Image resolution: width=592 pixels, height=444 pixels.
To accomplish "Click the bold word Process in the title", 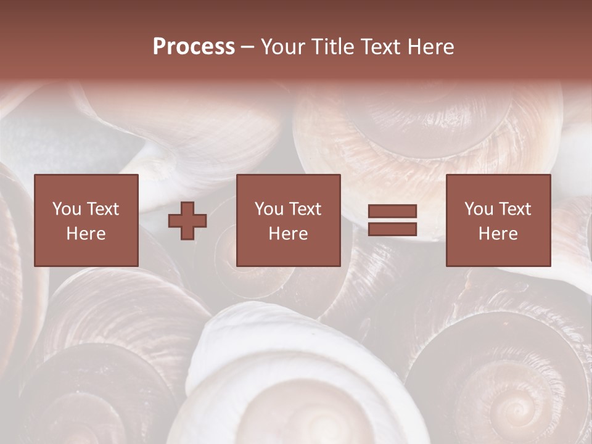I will pyautogui.click(x=194, y=47).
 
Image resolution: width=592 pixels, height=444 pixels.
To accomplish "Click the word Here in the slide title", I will pyautogui.click(x=432, y=47).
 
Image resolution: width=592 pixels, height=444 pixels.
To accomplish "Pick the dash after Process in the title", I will pyautogui.click(x=248, y=47).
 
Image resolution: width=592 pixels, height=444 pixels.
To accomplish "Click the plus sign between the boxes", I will pyautogui.click(x=187, y=220).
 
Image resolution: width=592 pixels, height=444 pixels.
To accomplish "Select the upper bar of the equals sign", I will pyautogui.click(x=392, y=212).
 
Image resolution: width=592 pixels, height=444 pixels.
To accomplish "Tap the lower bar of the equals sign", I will pyautogui.click(x=392, y=229).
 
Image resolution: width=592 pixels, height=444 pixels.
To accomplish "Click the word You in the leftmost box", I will pyautogui.click(x=67, y=209).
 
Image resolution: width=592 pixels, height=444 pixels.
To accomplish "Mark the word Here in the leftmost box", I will pyautogui.click(x=86, y=234).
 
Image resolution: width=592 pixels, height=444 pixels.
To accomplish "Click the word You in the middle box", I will pyautogui.click(x=269, y=209).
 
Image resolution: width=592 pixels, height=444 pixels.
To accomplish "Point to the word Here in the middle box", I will pyautogui.click(x=288, y=234).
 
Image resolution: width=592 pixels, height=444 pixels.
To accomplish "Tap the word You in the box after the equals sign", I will pyautogui.click(x=479, y=209).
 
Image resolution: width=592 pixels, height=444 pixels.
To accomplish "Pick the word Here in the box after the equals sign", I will pyautogui.click(x=498, y=234).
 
